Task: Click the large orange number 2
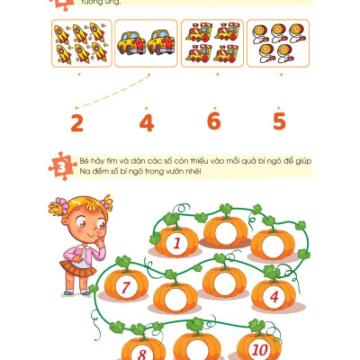click(76, 121)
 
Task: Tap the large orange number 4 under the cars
click(147, 122)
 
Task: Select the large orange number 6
click(213, 121)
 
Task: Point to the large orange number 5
click(280, 121)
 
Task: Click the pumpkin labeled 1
click(178, 241)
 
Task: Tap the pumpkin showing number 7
click(126, 286)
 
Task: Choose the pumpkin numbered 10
click(259, 348)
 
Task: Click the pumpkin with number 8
click(142, 351)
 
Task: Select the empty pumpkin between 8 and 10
click(200, 347)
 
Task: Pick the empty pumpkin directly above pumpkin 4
click(273, 243)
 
